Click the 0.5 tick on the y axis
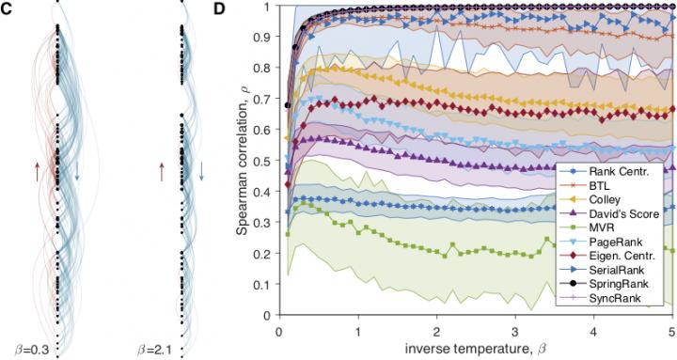coord(264,161)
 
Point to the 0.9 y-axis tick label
coord(264,37)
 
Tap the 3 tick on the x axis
coord(515,322)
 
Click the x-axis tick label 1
coord(358,322)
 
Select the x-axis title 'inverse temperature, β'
coord(476,347)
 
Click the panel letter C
coord(6,9)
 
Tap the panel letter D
coord(219,9)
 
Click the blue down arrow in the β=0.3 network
coord(77,171)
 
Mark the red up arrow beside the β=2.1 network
coord(162,172)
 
